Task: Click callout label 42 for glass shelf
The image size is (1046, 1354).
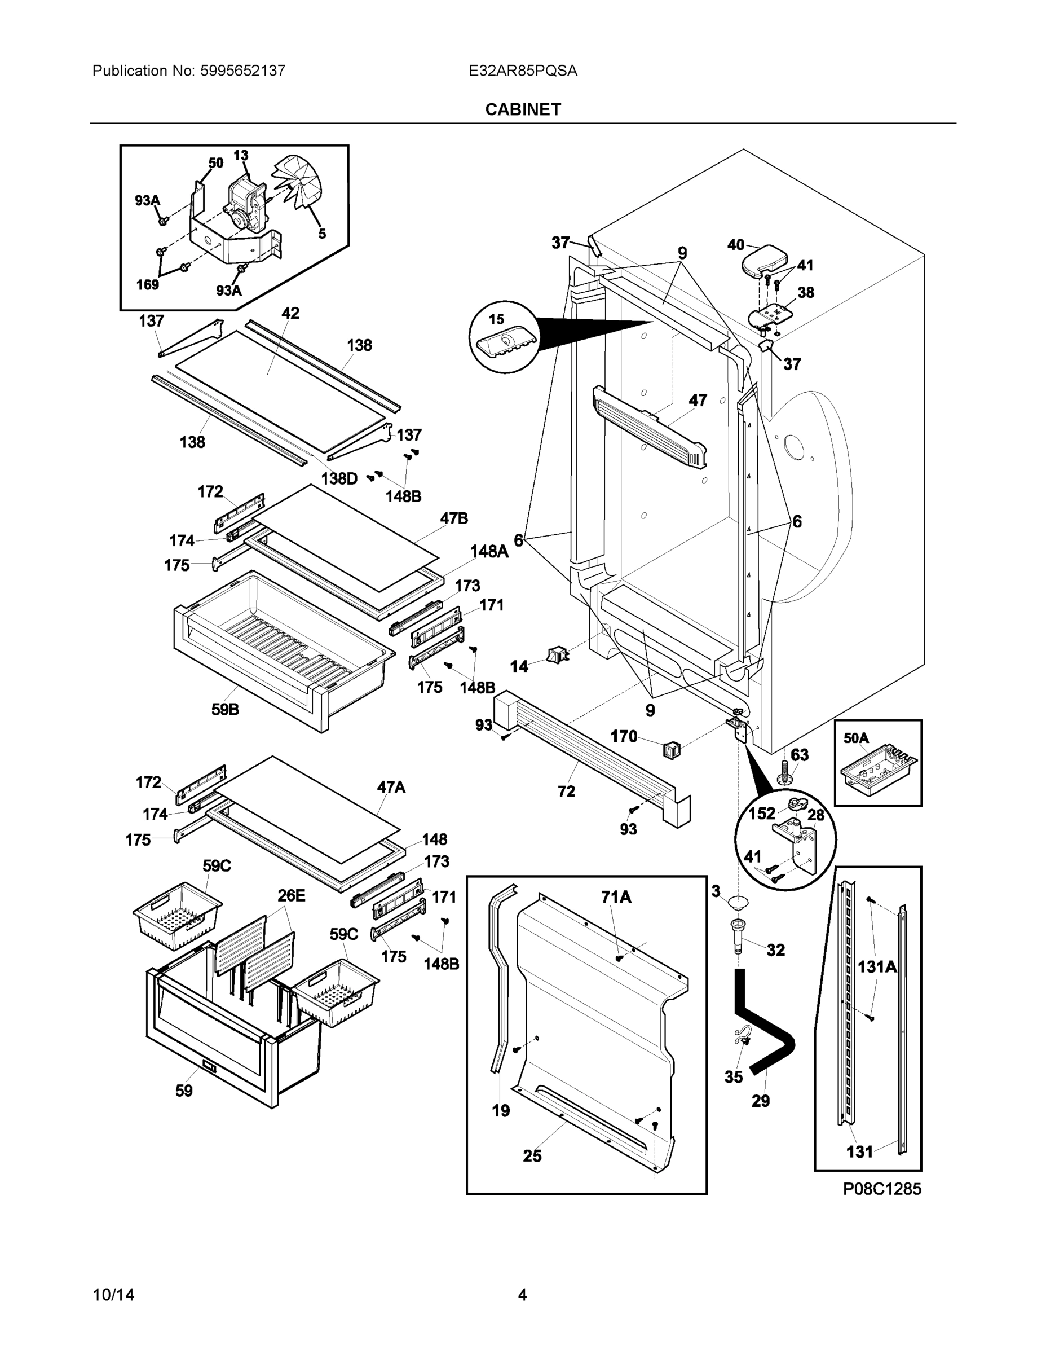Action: point(290,313)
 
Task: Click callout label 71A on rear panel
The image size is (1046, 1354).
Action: point(616,896)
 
